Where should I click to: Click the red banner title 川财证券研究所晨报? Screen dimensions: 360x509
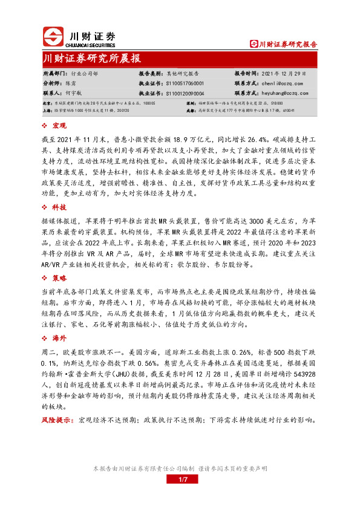[93, 59]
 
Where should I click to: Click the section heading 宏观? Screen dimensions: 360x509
[60, 125]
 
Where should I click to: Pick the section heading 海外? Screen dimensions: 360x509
[60, 339]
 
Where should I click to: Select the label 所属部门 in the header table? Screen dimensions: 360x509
[54, 73]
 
